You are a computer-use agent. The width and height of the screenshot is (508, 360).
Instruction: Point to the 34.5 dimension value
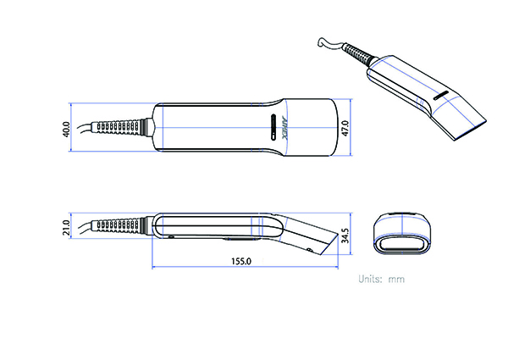345,235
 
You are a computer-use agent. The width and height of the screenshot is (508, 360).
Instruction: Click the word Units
371,278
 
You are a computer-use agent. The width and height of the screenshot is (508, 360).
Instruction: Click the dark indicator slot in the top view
272,127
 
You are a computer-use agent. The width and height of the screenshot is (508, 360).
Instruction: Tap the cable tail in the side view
83,226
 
